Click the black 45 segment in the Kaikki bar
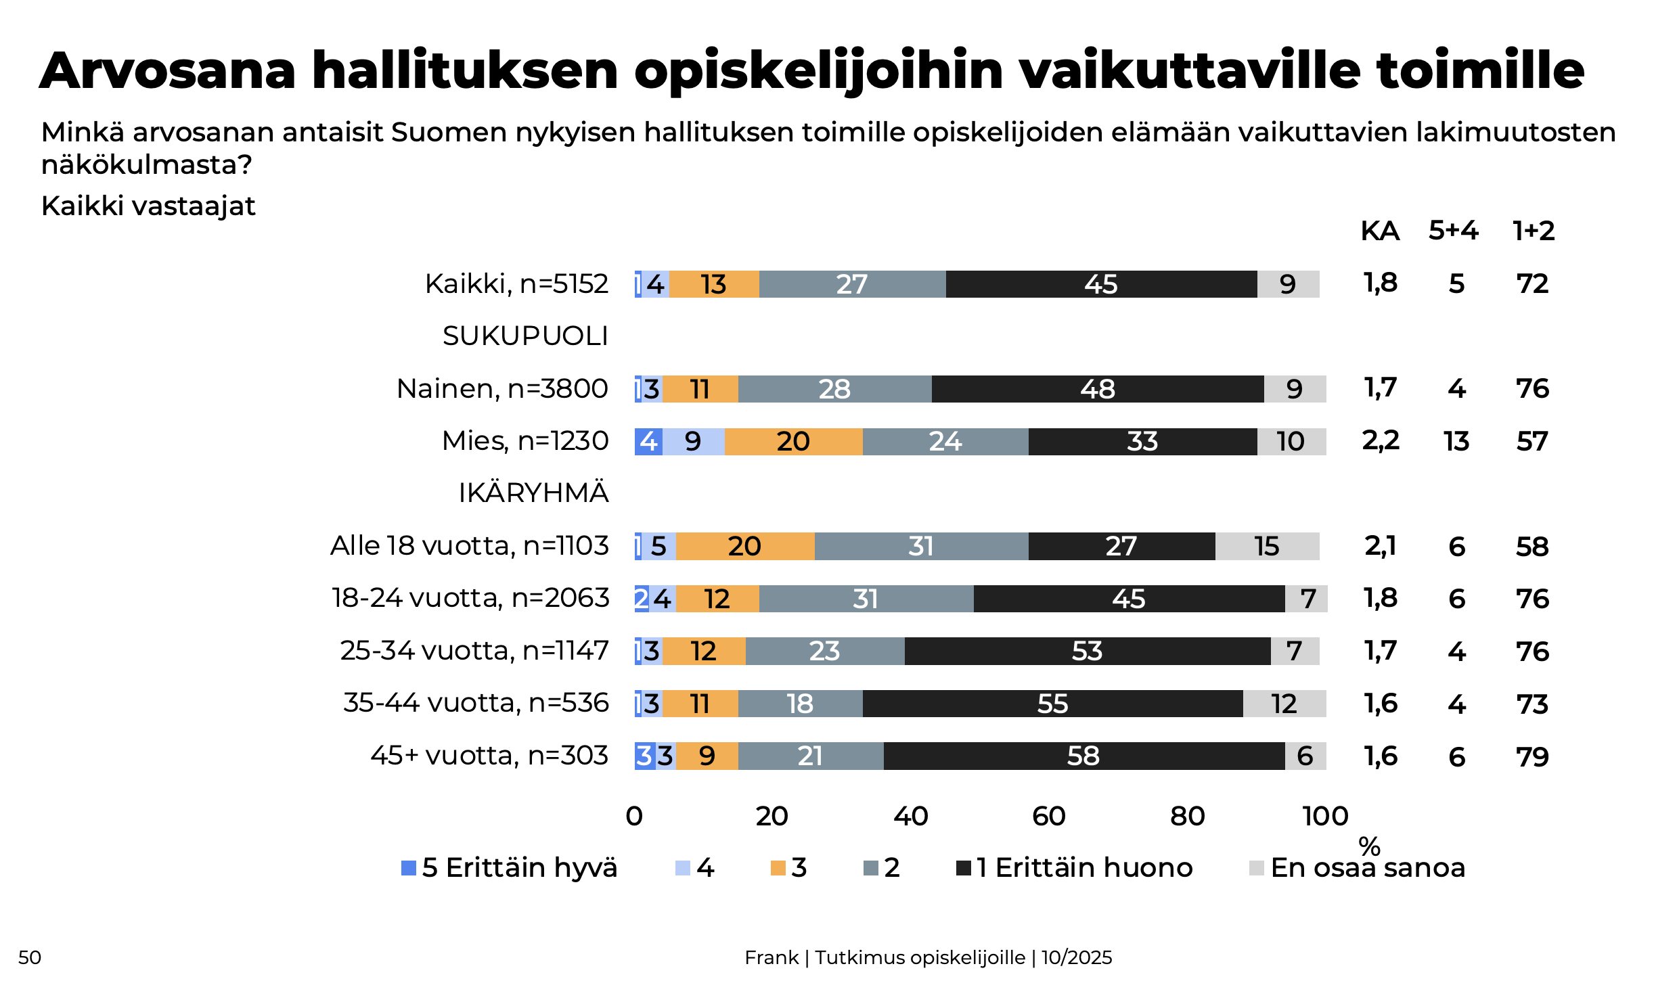click(1101, 284)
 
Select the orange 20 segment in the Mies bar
click(793, 442)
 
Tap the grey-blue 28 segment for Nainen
click(834, 389)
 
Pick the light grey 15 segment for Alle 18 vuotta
click(1267, 546)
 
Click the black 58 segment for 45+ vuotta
click(1084, 756)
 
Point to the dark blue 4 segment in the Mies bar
click(648, 442)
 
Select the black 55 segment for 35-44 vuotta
click(1052, 704)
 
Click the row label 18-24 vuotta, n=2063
click(470, 598)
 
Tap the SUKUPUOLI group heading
click(525, 336)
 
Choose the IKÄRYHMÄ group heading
click(533, 493)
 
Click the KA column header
click(1380, 231)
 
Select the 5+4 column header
click(1454, 231)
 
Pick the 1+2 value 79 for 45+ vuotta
click(1532, 756)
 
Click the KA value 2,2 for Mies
click(1381, 441)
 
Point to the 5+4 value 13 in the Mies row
click(1456, 442)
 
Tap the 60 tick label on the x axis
click(1049, 816)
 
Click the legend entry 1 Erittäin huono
click(1075, 867)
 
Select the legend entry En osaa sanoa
click(1358, 867)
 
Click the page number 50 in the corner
click(30, 957)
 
